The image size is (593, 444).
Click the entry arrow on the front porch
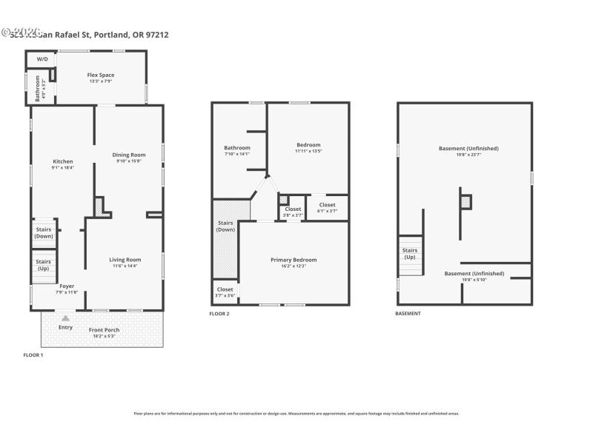click(65, 318)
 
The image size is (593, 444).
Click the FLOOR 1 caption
click(33, 355)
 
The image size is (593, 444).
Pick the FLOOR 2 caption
click(219, 314)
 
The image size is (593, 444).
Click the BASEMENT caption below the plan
click(408, 314)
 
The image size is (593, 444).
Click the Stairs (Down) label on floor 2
click(225, 226)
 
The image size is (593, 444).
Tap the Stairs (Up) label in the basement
click(410, 253)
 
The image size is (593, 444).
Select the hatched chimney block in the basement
click(465, 201)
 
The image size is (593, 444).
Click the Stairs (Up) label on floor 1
click(44, 264)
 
